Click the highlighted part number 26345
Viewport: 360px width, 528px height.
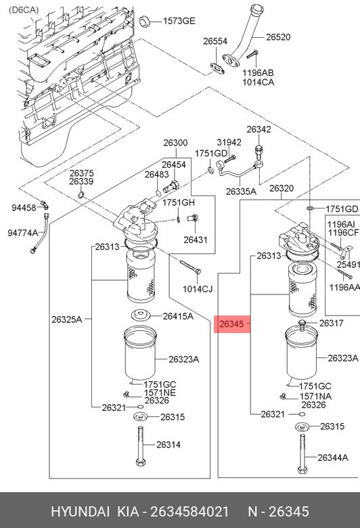point(231,324)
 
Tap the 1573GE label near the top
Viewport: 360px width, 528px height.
point(179,21)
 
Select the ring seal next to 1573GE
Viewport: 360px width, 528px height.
point(144,21)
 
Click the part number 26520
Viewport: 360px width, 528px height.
point(278,37)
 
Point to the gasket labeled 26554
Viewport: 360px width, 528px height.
point(217,68)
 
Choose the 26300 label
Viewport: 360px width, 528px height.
point(175,143)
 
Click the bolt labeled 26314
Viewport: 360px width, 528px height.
point(141,446)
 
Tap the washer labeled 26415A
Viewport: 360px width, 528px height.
point(140,315)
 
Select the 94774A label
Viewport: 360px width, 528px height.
point(23,233)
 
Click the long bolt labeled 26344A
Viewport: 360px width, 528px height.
point(302,454)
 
